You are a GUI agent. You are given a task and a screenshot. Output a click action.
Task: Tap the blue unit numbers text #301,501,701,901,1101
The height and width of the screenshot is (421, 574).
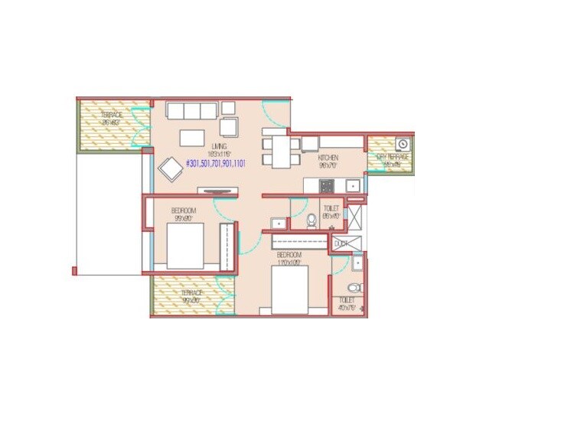(x=215, y=163)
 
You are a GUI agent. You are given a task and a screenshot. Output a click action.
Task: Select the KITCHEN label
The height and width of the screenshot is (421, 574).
(x=328, y=158)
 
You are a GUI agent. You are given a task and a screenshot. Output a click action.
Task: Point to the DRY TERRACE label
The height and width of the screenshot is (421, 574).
(x=393, y=158)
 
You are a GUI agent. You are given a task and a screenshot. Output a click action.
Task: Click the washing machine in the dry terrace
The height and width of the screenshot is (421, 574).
(x=403, y=143)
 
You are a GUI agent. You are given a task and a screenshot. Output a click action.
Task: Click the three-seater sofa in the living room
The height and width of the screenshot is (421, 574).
(x=190, y=111)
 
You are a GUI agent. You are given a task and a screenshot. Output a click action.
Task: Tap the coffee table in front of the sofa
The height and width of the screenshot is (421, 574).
(x=191, y=138)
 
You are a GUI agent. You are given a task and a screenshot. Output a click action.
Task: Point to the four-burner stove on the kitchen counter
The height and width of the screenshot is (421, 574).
(x=327, y=184)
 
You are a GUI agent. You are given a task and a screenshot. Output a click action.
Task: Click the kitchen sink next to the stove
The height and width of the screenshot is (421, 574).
(x=351, y=184)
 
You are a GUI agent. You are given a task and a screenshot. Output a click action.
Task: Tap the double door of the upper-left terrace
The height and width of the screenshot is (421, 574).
(x=139, y=126)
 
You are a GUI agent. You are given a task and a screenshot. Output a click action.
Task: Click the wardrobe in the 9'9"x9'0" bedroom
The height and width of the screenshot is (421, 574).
(x=226, y=247)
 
